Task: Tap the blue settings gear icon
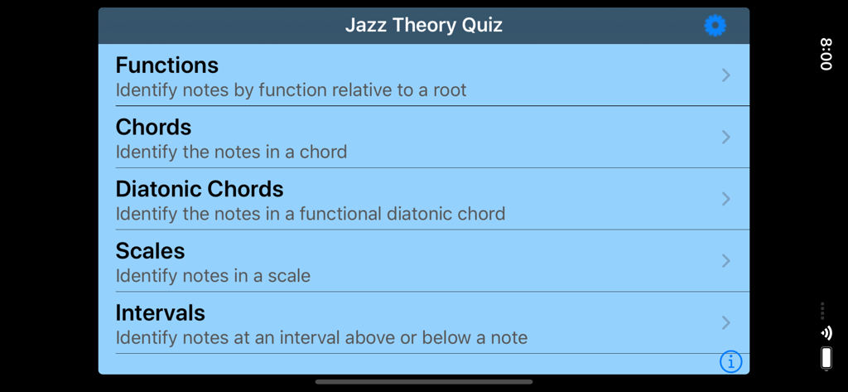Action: click(715, 26)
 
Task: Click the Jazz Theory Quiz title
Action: click(423, 26)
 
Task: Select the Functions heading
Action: click(167, 65)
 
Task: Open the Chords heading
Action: click(153, 127)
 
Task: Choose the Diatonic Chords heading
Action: click(200, 189)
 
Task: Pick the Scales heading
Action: click(150, 250)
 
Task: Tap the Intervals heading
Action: click(160, 312)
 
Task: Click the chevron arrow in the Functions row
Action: click(725, 75)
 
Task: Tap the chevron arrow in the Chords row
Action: click(725, 137)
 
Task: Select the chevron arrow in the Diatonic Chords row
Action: click(725, 199)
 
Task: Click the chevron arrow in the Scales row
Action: click(725, 260)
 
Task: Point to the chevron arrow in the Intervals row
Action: click(725, 322)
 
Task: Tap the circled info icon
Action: click(730, 361)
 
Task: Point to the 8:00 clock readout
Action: click(826, 54)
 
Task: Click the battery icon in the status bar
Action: click(826, 358)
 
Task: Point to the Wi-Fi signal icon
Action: click(826, 333)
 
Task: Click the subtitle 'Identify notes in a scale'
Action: click(213, 276)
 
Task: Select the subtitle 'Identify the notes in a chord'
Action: click(231, 152)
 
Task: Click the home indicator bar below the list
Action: click(424, 382)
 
